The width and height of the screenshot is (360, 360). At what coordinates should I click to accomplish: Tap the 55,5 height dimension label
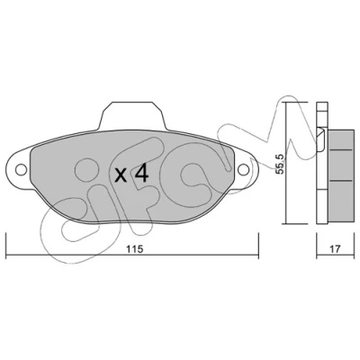[281, 165]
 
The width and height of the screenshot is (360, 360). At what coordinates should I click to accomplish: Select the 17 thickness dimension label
[335, 248]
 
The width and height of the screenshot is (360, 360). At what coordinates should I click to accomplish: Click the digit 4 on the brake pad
[140, 175]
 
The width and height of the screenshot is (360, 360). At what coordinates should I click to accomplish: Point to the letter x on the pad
[121, 175]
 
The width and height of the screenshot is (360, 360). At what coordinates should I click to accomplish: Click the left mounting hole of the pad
[21, 169]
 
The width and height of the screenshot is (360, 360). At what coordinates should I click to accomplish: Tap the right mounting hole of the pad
[243, 169]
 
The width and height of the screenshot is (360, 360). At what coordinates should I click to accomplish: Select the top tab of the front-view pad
[132, 115]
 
